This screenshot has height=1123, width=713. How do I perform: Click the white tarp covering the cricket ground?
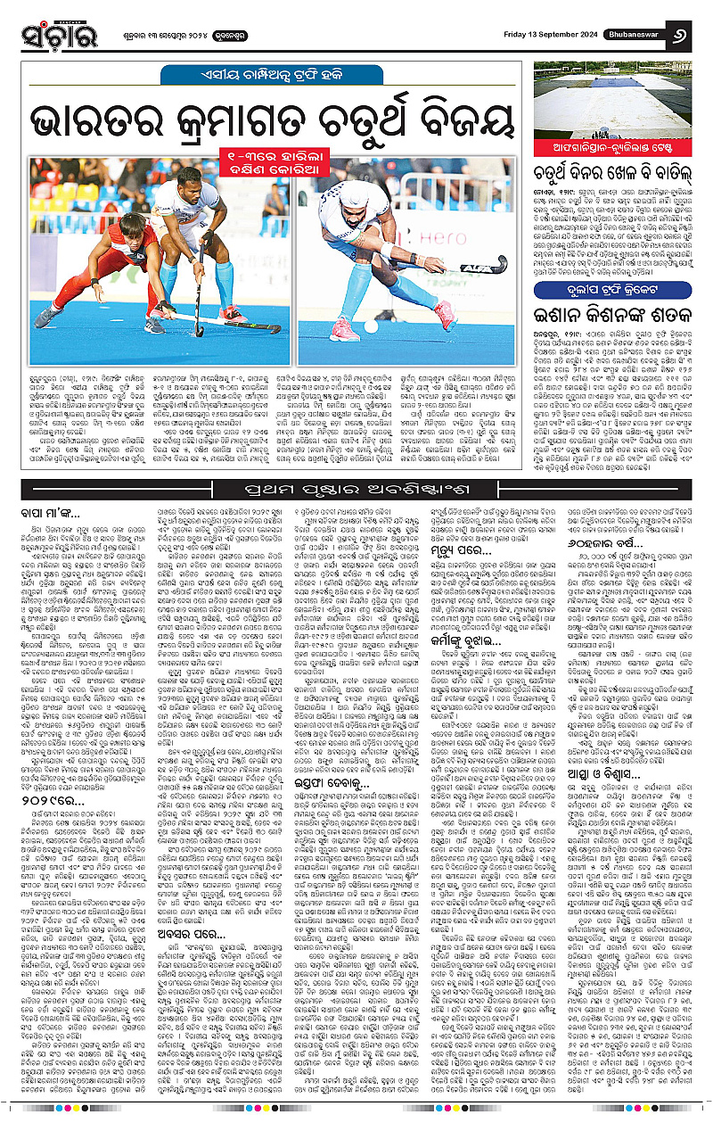pos(615,105)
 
